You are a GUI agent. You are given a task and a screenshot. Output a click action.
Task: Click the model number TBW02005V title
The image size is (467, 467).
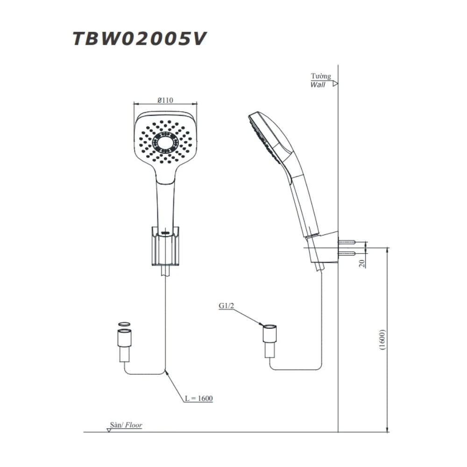(x=139, y=39)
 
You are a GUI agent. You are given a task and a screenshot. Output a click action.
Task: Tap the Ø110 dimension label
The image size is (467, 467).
(x=165, y=99)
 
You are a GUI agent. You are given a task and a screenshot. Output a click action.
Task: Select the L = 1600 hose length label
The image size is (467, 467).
(x=198, y=398)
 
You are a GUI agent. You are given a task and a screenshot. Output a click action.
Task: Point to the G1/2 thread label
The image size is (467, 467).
(x=226, y=306)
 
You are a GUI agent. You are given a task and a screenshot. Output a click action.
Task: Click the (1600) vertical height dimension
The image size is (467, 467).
(x=382, y=340)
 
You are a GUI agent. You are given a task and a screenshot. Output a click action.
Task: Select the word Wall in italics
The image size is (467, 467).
(x=318, y=85)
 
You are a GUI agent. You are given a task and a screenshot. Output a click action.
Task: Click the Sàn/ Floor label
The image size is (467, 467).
(x=126, y=425)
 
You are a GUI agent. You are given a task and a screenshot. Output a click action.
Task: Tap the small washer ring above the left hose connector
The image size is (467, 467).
(x=124, y=324)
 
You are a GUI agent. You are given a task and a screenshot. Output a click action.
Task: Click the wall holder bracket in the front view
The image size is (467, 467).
(x=165, y=246)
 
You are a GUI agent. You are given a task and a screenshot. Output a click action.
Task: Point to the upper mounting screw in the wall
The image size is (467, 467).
(x=347, y=242)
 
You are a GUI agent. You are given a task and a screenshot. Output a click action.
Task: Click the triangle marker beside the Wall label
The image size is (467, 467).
(x=335, y=84)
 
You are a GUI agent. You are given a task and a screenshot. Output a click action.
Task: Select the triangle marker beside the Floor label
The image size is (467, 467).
(x=109, y=430)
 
